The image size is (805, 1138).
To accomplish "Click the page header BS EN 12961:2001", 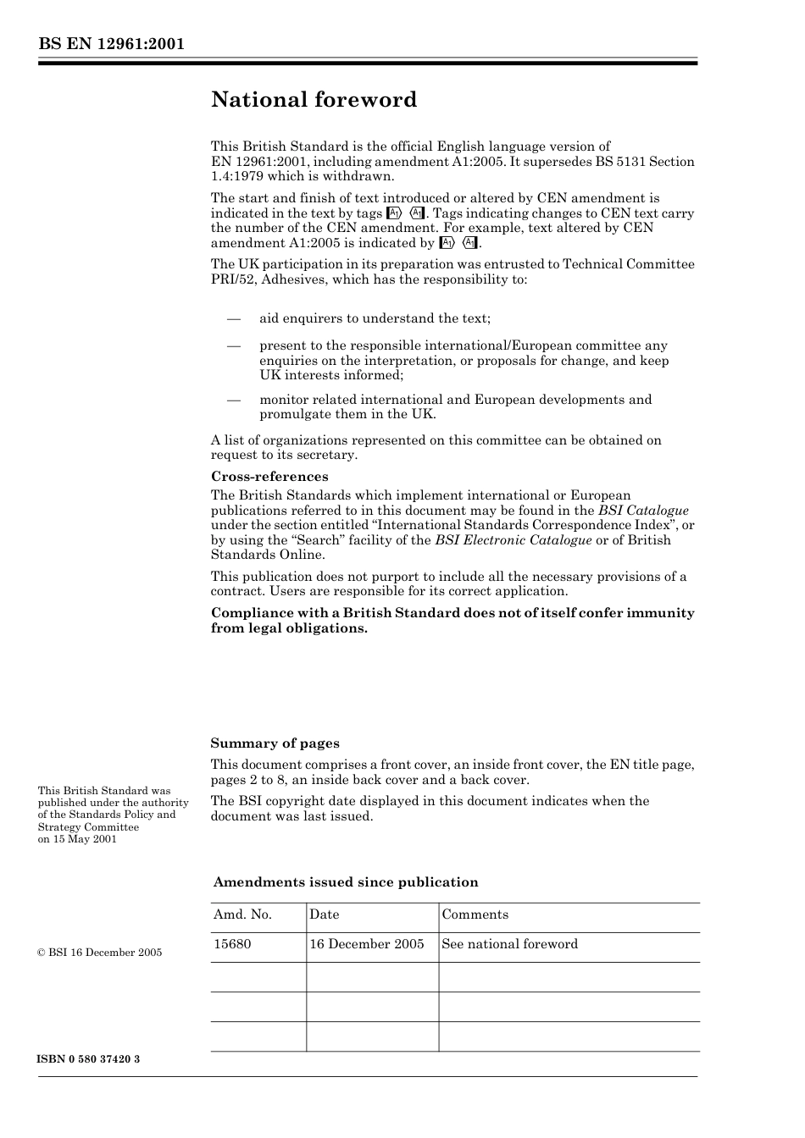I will (111, 44).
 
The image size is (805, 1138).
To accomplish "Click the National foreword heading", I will (314, 100).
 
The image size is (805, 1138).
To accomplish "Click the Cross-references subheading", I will (269, 477).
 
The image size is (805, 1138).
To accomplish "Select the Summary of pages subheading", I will (275, 743).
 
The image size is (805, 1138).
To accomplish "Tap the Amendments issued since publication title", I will (346, 882).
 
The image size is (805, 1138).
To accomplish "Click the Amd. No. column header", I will (242, 914).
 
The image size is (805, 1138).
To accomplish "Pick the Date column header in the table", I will (325, 914).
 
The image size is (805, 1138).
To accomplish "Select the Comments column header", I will (475, 914).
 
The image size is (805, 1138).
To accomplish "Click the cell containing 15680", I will (232, 944).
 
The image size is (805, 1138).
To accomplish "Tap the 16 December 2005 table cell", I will (367, 944).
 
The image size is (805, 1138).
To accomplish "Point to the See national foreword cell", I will (510, 944).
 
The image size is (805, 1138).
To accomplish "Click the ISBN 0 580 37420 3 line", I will (89, 1060).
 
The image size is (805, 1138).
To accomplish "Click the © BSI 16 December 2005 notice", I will (100, 953).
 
